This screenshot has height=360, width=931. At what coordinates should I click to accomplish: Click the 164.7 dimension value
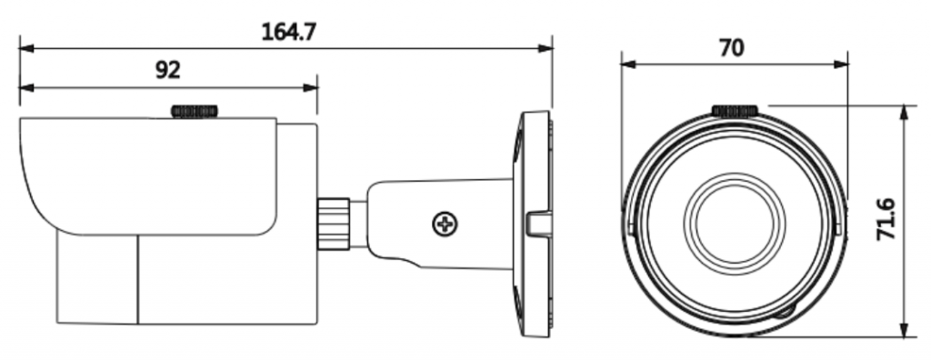[x=288, y=31]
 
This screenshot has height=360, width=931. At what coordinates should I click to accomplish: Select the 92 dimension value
[x=167, y=70]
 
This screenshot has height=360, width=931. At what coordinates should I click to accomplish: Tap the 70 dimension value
[x=731, y=47]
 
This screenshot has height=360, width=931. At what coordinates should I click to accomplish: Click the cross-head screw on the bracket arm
[x=445, y=224]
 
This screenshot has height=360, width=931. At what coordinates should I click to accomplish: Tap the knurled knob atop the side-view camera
[x=195, y=111]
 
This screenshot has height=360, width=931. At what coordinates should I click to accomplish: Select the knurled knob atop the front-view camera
[x=735, y=111]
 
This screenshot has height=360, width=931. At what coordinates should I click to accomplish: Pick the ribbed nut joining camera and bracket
[x=333, y=224]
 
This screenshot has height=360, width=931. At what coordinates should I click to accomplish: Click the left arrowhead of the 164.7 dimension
[x=26, y=48]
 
